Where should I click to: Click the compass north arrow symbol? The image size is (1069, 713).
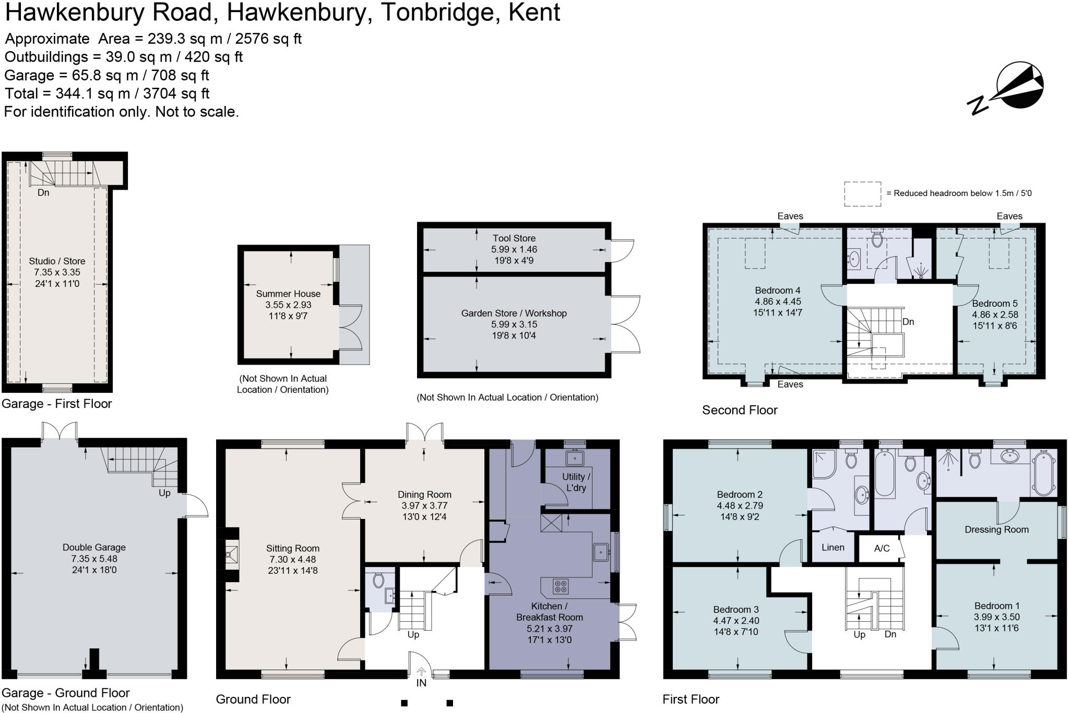1018,87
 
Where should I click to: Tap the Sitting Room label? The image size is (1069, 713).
292,548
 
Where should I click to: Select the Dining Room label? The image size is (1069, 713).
424,494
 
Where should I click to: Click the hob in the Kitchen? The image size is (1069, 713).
561,586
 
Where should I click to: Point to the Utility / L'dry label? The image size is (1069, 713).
576,482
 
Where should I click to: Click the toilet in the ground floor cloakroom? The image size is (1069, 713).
379,579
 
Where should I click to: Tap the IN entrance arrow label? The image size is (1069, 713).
421,682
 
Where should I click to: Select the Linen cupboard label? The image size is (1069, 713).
833,548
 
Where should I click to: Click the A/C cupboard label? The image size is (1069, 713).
882,548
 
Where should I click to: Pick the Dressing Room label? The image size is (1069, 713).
996,529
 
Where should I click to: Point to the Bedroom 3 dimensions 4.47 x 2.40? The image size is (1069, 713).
736,621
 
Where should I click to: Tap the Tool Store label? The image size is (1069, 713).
514,238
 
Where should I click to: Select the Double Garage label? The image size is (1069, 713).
94,547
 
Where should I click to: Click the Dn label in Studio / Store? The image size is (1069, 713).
43,192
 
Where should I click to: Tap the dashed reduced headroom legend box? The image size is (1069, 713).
862,194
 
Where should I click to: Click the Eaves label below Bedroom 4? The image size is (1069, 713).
790,384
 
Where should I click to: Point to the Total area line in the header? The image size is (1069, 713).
107,94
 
